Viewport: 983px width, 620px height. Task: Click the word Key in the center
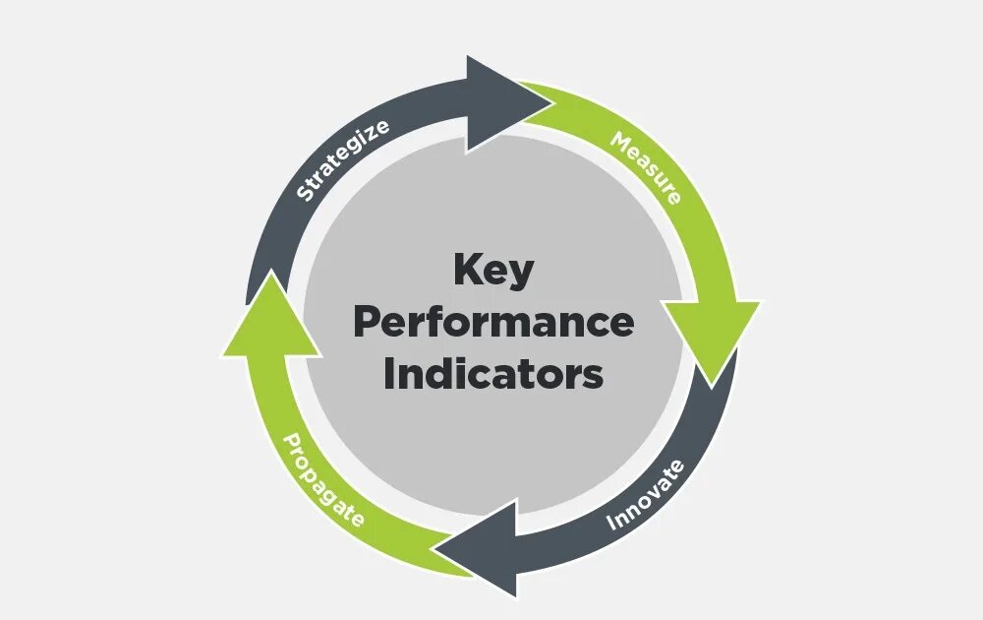492,272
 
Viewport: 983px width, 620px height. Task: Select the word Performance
493,323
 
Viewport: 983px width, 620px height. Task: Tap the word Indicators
493,374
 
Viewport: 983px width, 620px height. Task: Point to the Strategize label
342,159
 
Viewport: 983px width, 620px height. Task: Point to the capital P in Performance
366,322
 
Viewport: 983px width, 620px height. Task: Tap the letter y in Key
521,275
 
